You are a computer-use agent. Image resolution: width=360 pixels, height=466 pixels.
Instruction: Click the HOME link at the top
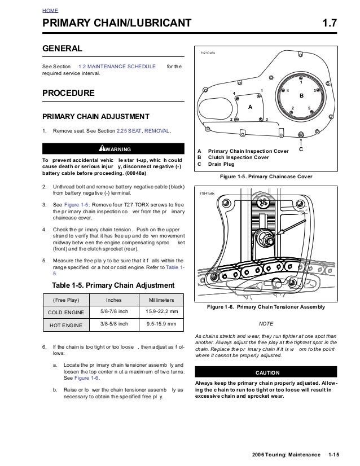[x=50, y=11]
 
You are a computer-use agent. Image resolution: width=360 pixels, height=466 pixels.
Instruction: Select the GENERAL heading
[x=62, y=49]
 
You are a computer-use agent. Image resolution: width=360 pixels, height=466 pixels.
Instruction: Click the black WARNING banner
[x=113, y=149]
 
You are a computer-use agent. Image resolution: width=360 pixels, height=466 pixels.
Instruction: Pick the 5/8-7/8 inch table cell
[x=114, y=312]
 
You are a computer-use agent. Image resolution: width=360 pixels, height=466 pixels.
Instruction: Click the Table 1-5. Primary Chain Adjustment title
[x=113, y=285]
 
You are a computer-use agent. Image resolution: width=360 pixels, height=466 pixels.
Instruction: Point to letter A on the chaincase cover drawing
[x=250, y=107]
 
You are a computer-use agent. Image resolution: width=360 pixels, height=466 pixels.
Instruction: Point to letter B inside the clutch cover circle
[x=301, y=96]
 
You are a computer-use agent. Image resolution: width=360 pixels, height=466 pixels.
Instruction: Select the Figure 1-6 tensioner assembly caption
[x=266, y=306]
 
